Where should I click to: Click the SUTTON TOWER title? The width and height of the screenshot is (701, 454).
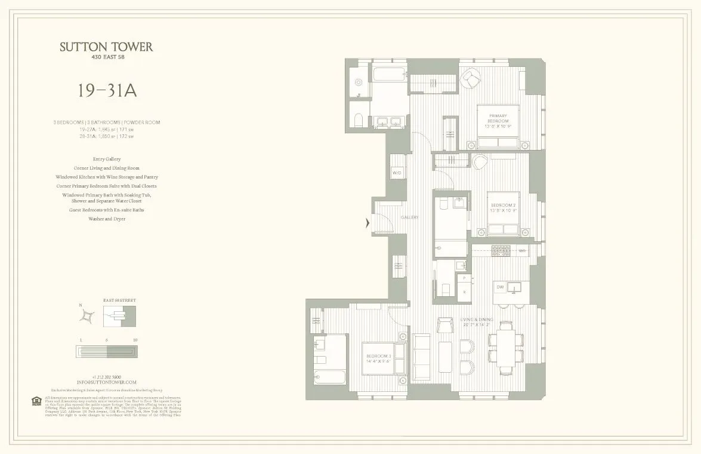click(x=107, y=47)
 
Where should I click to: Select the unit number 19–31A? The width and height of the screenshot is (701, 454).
click(x=107, y=90)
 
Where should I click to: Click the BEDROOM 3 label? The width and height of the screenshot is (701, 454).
click(x=379, y=358)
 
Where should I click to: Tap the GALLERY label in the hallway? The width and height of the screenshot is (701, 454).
click(x=410, y=217)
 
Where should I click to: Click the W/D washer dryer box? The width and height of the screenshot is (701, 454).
click(x=397, y=173)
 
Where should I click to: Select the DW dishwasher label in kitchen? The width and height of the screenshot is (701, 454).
click(x=501, y=288)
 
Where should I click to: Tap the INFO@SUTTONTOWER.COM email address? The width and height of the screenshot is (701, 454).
click(x=107, y=382)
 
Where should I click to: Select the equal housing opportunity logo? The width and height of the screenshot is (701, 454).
click(x=38, y=400)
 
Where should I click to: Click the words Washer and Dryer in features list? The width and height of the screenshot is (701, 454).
click(x=107, y=219)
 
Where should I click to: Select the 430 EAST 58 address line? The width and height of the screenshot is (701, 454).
click(x=107, y=58)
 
